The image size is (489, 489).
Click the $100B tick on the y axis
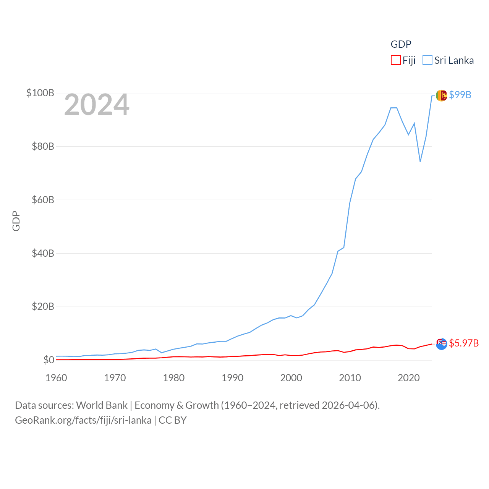pos(40,93)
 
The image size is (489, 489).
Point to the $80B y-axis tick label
pos(43,146)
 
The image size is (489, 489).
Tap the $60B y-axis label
pos(43,200)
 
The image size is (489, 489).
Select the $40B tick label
pos(43,253)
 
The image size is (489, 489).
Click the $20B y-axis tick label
pos(43,306)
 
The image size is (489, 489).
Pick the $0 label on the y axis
pos(49,360)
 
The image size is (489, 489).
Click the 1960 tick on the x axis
pos(56,378)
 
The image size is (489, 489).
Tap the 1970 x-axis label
pos(115,378)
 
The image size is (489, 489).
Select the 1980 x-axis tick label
pos(174,378)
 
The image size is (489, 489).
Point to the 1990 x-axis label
pos(232,378)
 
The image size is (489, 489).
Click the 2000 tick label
pos(291,378)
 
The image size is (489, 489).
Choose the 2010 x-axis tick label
pos(350,378)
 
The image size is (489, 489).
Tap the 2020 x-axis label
pos(409,378)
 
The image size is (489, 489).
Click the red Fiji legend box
pos(395,60)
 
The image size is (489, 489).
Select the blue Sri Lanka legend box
pos(427,60)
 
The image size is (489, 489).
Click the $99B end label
pos(460,95)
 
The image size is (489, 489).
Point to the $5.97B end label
pos(464,343)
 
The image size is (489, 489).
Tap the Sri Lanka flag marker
pos(441,96)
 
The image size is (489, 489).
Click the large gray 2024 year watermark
pos(97,105)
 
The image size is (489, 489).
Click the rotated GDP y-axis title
pos(16,221)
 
